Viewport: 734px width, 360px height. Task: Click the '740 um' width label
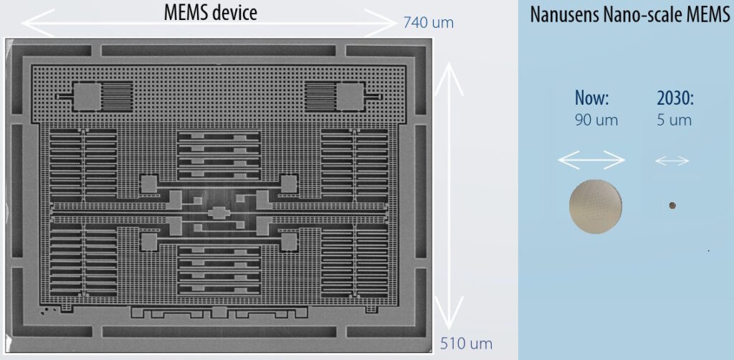click(429, 23)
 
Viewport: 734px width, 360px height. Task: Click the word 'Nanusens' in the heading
click(563, 15)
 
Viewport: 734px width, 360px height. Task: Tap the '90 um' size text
click(596, 120)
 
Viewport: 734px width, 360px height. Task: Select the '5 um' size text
click(674, 120)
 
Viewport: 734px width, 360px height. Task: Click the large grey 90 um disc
click(596, 207)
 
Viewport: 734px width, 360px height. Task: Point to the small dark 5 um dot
click(672, 206)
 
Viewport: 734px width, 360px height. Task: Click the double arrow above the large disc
click(591, 161)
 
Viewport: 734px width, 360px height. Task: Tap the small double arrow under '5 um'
click(672, 161)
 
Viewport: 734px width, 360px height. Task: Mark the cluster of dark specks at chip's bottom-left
click(52, 311)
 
